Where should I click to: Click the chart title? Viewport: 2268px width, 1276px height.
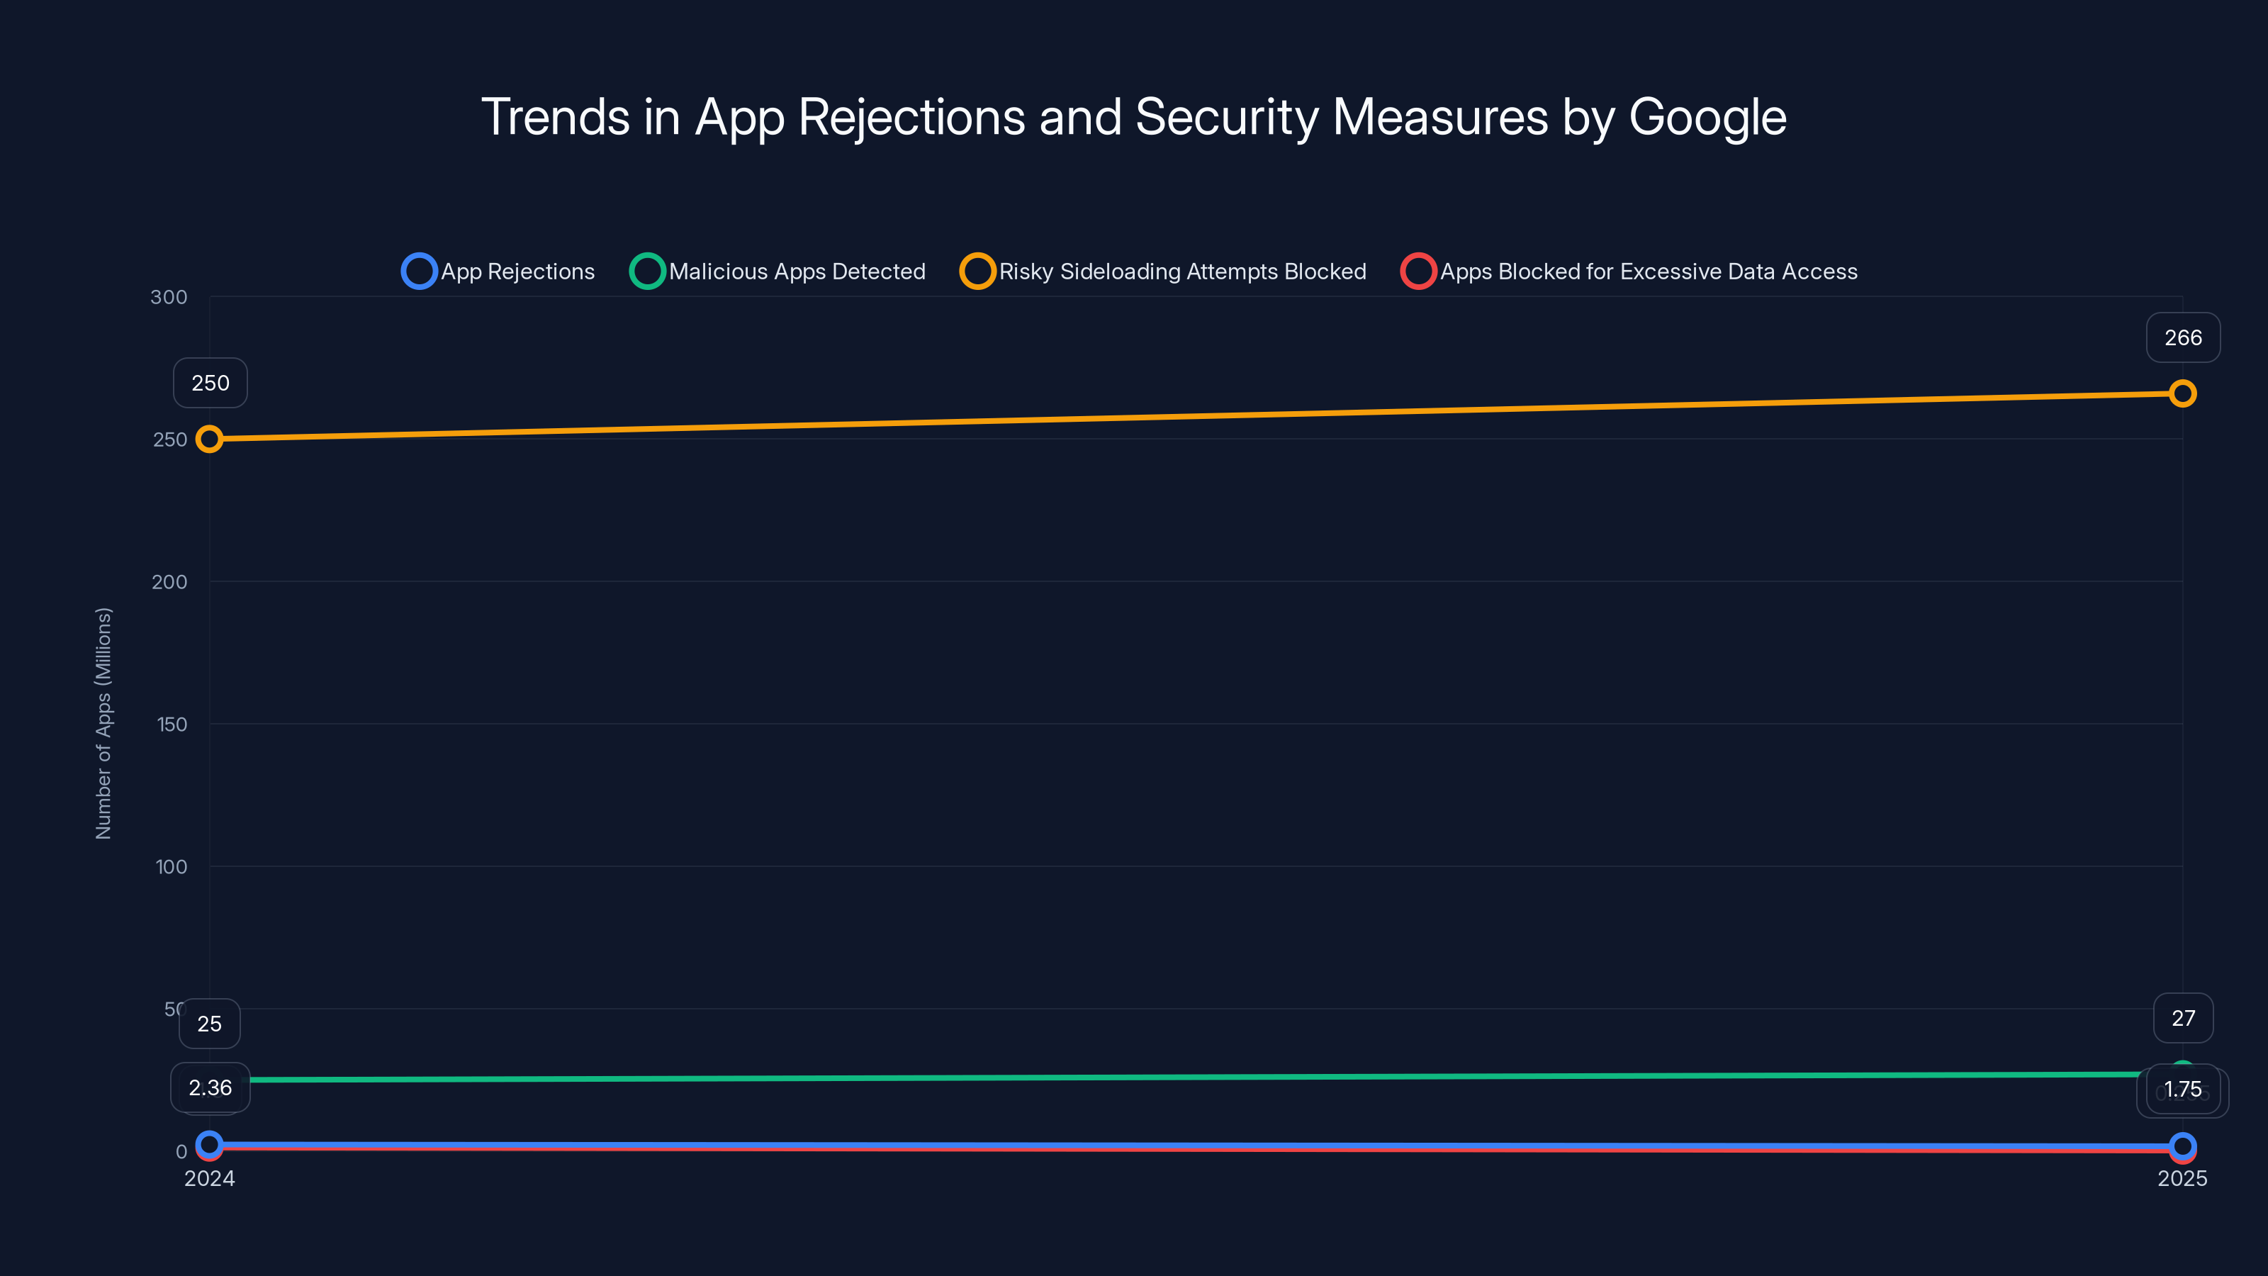(1134, 117)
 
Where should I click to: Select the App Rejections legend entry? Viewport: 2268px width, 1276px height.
(498, 272)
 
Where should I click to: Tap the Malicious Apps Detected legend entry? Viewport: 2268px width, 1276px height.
(778, 272)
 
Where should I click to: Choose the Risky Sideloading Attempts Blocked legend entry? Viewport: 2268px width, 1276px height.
(1163, 272)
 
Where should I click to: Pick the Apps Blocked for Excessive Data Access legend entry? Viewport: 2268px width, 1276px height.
(1629, 272)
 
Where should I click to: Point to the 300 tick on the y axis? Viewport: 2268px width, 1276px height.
(169, 298)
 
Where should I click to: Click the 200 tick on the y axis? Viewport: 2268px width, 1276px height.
(169, 582)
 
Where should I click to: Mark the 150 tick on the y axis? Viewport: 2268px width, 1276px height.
(172, 724)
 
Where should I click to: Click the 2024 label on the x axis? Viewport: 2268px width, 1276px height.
(210, 1179)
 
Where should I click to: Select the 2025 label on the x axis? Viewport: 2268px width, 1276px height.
(2182, 1179)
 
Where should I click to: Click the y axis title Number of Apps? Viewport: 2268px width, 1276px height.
(104, 723)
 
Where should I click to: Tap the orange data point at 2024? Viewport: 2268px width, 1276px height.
(210, 439)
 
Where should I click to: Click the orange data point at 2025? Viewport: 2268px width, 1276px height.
(2182, 393)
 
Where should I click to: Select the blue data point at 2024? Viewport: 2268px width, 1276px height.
(210, 1144)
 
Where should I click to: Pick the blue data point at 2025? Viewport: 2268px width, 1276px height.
(2182, 1146)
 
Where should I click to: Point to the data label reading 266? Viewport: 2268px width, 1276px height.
(2183, 338)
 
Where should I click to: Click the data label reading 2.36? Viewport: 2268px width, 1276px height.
(210, 1088)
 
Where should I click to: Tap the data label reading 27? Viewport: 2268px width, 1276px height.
(2183, 1019)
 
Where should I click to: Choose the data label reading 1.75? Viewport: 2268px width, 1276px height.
(2183, 1090)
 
